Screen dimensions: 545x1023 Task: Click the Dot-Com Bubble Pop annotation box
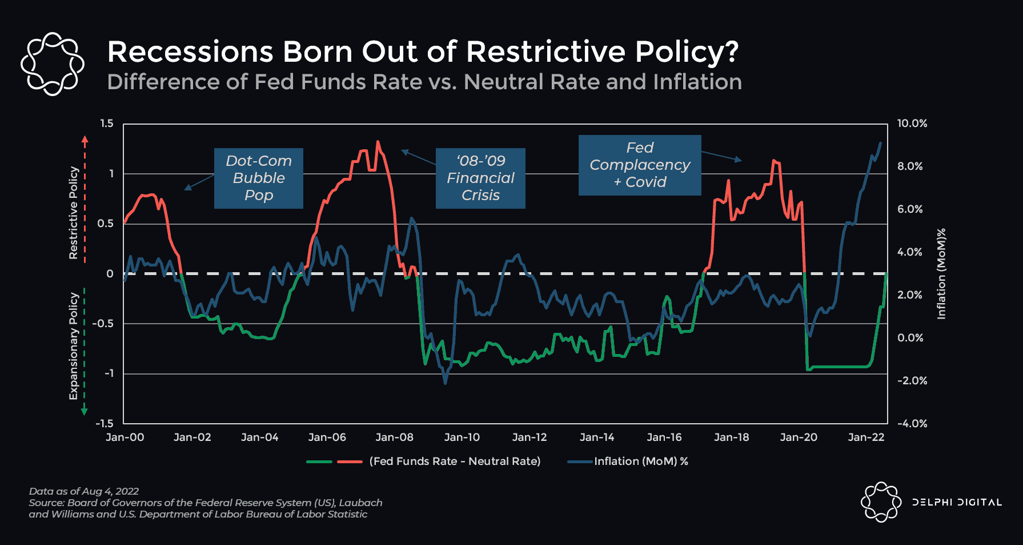[x=258, y=178]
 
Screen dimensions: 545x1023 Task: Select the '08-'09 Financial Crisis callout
[x=480, y=178]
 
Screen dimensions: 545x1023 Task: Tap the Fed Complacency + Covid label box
[x=640, y=165]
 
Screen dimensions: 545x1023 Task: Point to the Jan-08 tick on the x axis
[x=394, y=437]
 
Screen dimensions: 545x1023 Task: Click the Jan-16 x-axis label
[x=664, y=437]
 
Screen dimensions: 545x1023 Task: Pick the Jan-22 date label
[x=866, y=437]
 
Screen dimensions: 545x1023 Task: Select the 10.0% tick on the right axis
[x=912, y=124]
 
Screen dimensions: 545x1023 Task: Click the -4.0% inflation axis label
[x=912, y=424]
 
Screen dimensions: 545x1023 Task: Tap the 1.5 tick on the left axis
[x=107, y=124]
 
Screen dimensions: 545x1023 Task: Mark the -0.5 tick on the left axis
[x=103, y=324]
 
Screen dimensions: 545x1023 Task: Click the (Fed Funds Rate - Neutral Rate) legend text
[x=455, y=462]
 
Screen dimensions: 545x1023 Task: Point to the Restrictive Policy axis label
[x=73, y=213]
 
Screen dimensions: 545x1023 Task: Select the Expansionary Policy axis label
[x=73, y=345]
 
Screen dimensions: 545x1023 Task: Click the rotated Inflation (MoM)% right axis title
[x=941, y=273]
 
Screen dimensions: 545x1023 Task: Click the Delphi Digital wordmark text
[x=957, y=503]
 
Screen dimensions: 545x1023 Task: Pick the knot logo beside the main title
[x=52, y=63]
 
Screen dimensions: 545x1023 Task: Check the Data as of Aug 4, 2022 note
[x=84, y=491]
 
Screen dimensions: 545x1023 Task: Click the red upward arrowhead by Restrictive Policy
[x=85, y=138]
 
